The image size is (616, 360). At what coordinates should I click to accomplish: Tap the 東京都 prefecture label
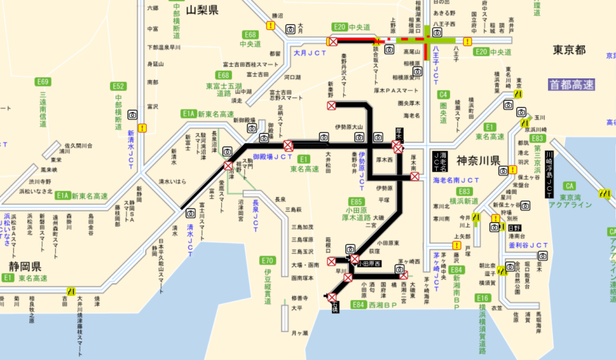point(569,50)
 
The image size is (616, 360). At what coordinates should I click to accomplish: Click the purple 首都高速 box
point(571,85)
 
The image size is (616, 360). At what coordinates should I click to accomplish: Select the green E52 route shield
point(119,86)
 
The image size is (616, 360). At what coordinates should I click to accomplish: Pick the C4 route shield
point(443,94)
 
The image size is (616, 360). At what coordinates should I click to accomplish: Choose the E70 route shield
point(268,261)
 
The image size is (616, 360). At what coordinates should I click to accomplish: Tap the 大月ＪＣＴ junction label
point(310,53)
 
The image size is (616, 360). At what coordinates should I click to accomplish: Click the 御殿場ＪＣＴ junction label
point(273,157)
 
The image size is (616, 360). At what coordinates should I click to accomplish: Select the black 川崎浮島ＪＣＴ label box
point(548,175)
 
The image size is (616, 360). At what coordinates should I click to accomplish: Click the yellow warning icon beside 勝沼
point(271,26)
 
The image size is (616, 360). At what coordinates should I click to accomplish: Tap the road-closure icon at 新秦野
point(331,106)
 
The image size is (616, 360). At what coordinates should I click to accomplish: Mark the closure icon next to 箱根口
point(331,261)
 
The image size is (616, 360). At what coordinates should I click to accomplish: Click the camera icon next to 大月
point(291,29)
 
